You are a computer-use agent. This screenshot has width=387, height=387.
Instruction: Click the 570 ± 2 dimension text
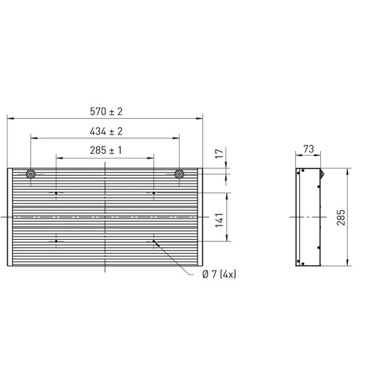tap(106, 111)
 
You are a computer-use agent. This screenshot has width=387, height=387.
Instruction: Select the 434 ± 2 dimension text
tap(106, 132)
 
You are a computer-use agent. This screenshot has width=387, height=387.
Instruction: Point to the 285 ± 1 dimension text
tap(106, 150)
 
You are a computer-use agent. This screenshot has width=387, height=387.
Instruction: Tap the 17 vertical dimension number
tap(219, 153)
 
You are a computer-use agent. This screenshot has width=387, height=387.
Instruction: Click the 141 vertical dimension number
tap(219, 220)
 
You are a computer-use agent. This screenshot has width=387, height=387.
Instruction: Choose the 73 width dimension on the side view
tap(309, 149)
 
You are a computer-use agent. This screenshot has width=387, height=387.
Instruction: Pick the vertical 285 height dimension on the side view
tap(341, 217)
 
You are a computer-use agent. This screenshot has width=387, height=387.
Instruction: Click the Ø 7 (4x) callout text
tap(219, 274)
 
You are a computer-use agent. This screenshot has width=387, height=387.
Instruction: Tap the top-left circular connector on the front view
tap(31, 174)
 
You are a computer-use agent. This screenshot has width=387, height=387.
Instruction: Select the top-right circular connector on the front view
tap(179, 174)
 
